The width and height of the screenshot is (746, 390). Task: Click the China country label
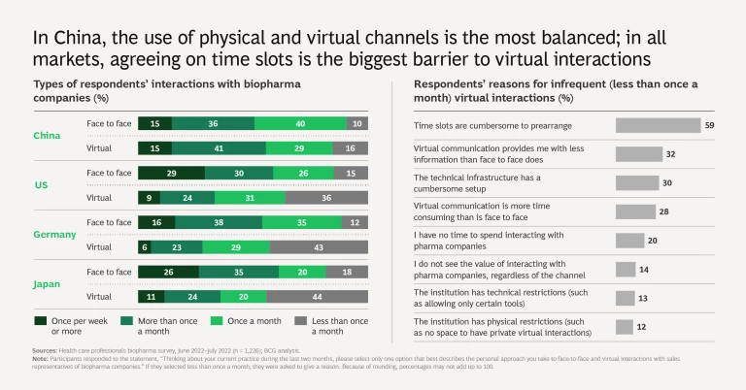pos(47,136)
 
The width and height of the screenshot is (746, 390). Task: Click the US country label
pos(40,184)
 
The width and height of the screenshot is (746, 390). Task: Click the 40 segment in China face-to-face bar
pos(300,123)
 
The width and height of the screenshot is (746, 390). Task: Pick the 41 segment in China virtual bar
pos(220,147)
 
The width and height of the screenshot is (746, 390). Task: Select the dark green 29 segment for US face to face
pos(171,173)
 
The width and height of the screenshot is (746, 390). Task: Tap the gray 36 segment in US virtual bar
pos(326,197)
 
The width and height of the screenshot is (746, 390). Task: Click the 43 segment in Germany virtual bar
pos(319,246)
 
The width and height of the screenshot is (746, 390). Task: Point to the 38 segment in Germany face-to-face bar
pos(218,222)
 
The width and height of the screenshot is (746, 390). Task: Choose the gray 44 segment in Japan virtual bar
pos(318,296)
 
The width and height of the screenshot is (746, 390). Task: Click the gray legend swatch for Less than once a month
pos(300,319)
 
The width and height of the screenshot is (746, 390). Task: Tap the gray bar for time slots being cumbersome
pos(658,125)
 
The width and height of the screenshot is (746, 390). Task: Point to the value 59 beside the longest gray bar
pos(709,125)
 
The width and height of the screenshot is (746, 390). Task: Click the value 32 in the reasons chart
pos(670,153)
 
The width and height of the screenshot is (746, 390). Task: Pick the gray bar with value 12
pos(625,326)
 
